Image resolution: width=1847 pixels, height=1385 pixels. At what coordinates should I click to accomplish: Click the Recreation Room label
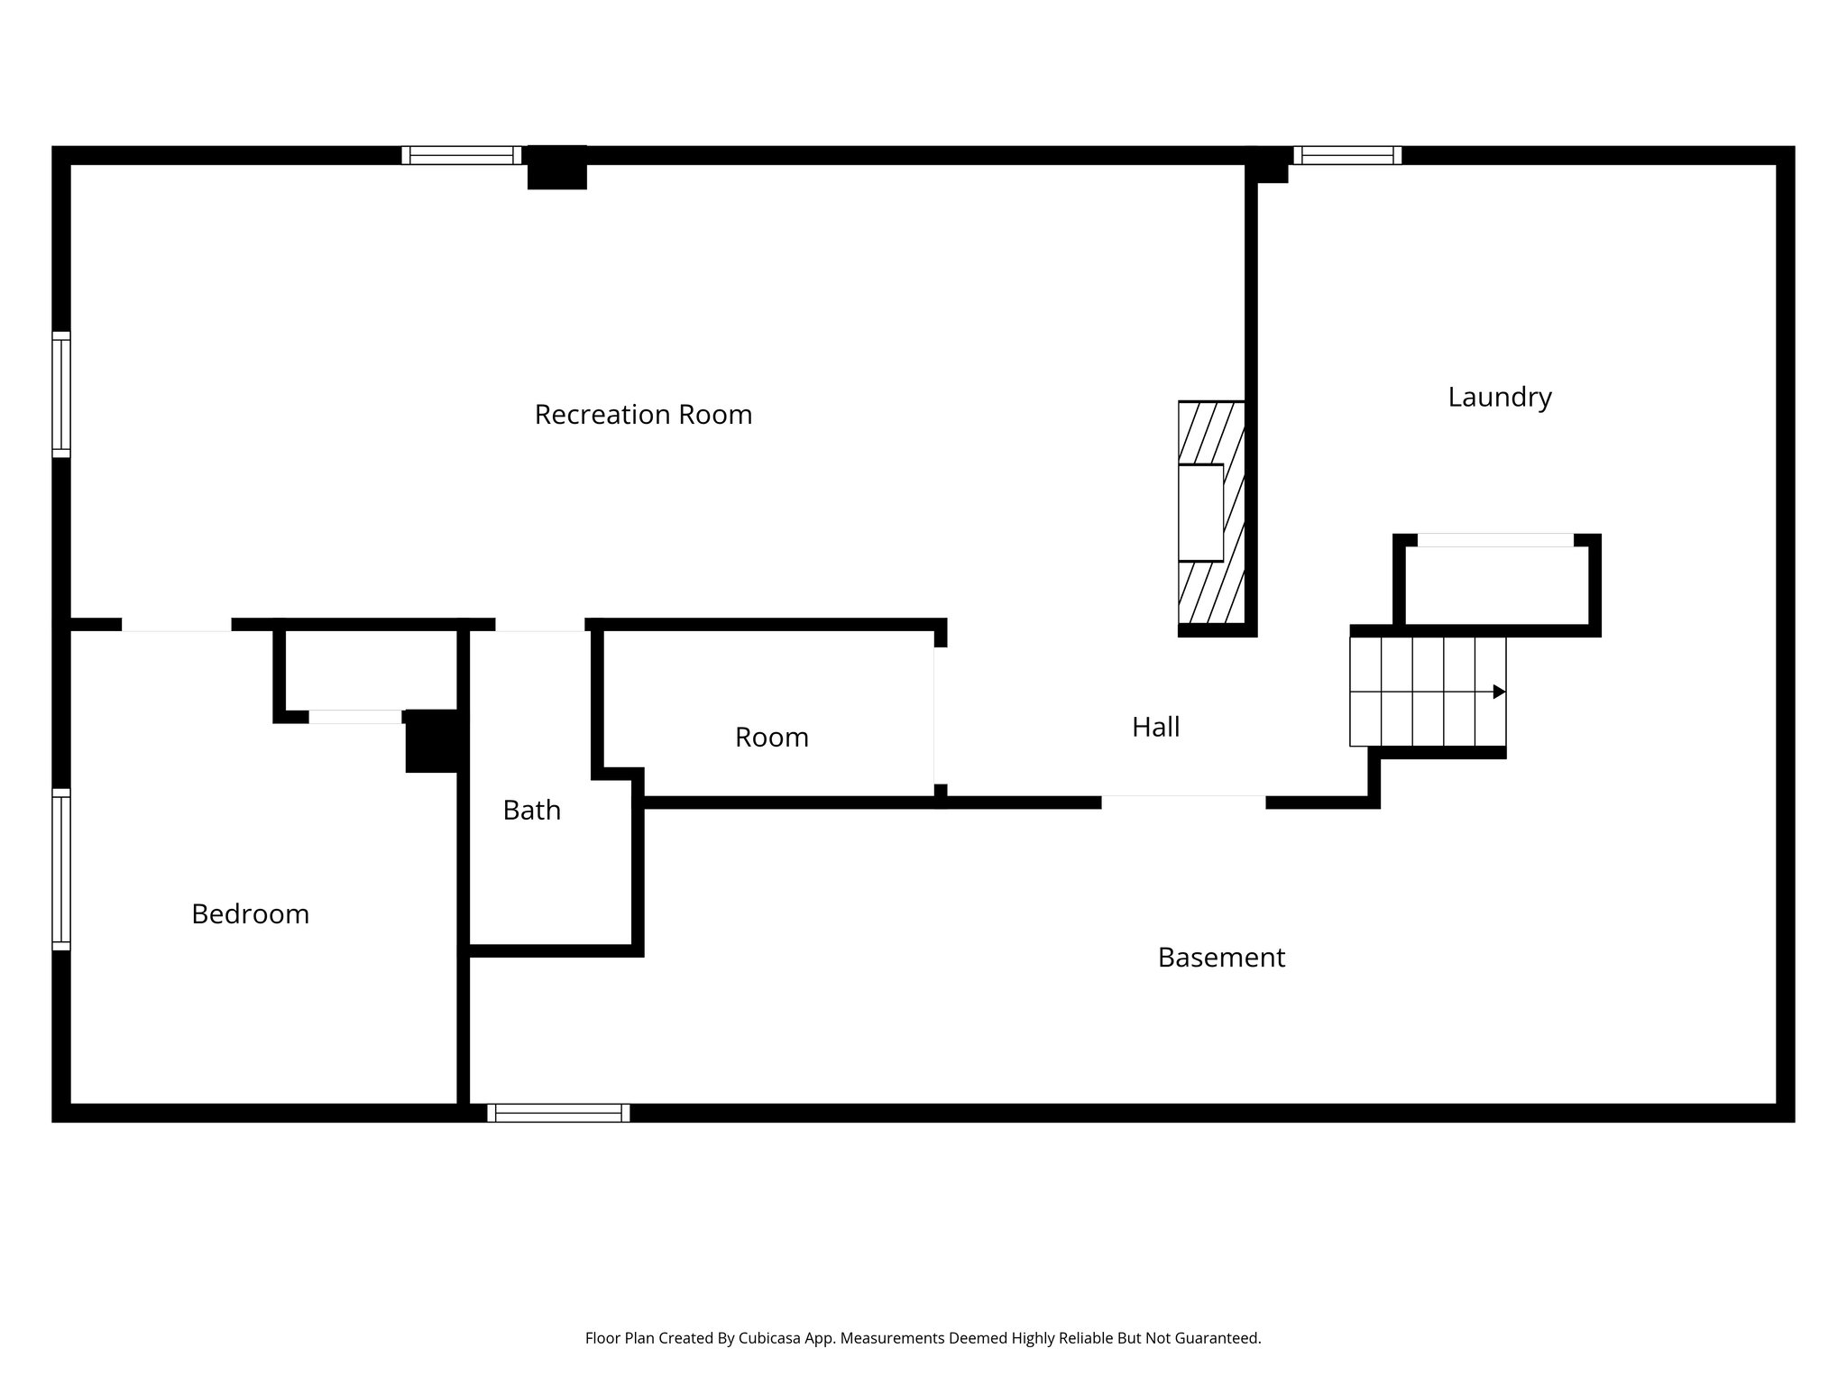(x=643, y=415)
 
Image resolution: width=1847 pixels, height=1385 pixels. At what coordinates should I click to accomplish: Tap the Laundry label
(x=1499, y=398)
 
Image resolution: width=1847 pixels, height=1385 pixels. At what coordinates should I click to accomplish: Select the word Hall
(x=1155, y=727)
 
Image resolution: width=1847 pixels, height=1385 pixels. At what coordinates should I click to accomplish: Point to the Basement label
(x=1221, y=958)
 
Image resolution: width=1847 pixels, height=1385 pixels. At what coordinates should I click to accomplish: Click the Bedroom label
(x=250, y=914)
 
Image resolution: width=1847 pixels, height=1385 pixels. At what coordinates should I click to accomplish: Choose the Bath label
(x=531, y=811)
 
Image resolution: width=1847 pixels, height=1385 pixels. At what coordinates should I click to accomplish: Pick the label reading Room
(x=771, y=738)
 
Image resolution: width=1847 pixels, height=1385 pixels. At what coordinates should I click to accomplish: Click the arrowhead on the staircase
(x=1499, y=692)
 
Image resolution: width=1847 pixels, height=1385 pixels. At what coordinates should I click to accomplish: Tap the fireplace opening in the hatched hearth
(x=1200, y=513)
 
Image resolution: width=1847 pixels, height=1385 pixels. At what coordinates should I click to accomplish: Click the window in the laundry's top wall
(x=1347, y=155)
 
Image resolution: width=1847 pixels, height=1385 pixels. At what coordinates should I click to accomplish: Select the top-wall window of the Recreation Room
(x=461, y=155)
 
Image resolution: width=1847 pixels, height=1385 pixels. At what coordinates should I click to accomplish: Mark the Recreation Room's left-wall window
(x=60, y=395)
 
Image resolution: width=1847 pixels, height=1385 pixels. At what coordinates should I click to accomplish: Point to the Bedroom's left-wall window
(x=60, y=869)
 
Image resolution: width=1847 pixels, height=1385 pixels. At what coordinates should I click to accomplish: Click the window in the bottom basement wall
(x=558, y=1113)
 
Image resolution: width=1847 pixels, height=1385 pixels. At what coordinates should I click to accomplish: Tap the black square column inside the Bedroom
(x=433, y=741)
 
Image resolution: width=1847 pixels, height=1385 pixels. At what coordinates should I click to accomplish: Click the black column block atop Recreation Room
(x=556, y=168)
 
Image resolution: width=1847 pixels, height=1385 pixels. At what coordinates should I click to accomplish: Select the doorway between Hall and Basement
(x=1182, y=802)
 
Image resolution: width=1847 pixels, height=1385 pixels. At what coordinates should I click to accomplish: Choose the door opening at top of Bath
(x=539, y=625)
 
